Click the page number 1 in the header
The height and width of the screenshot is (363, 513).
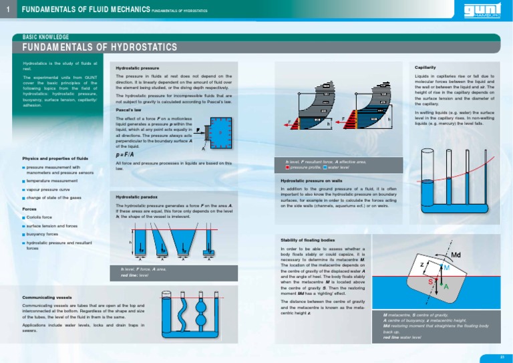tap(7, 10)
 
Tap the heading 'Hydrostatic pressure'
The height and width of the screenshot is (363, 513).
tap(137, 68)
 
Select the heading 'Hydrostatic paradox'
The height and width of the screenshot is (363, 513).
tap(136, 197)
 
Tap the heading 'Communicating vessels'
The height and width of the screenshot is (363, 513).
tap(47, 297)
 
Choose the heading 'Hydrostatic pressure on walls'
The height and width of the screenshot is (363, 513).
tap(311, 180)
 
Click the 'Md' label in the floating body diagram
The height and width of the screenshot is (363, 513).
tap(457, 255)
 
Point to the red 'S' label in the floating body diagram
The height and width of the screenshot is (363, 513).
tap(430, 282)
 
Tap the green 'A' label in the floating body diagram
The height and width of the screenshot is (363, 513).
tap(446, 286)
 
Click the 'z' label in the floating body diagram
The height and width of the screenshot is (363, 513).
tap(421, 265)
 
